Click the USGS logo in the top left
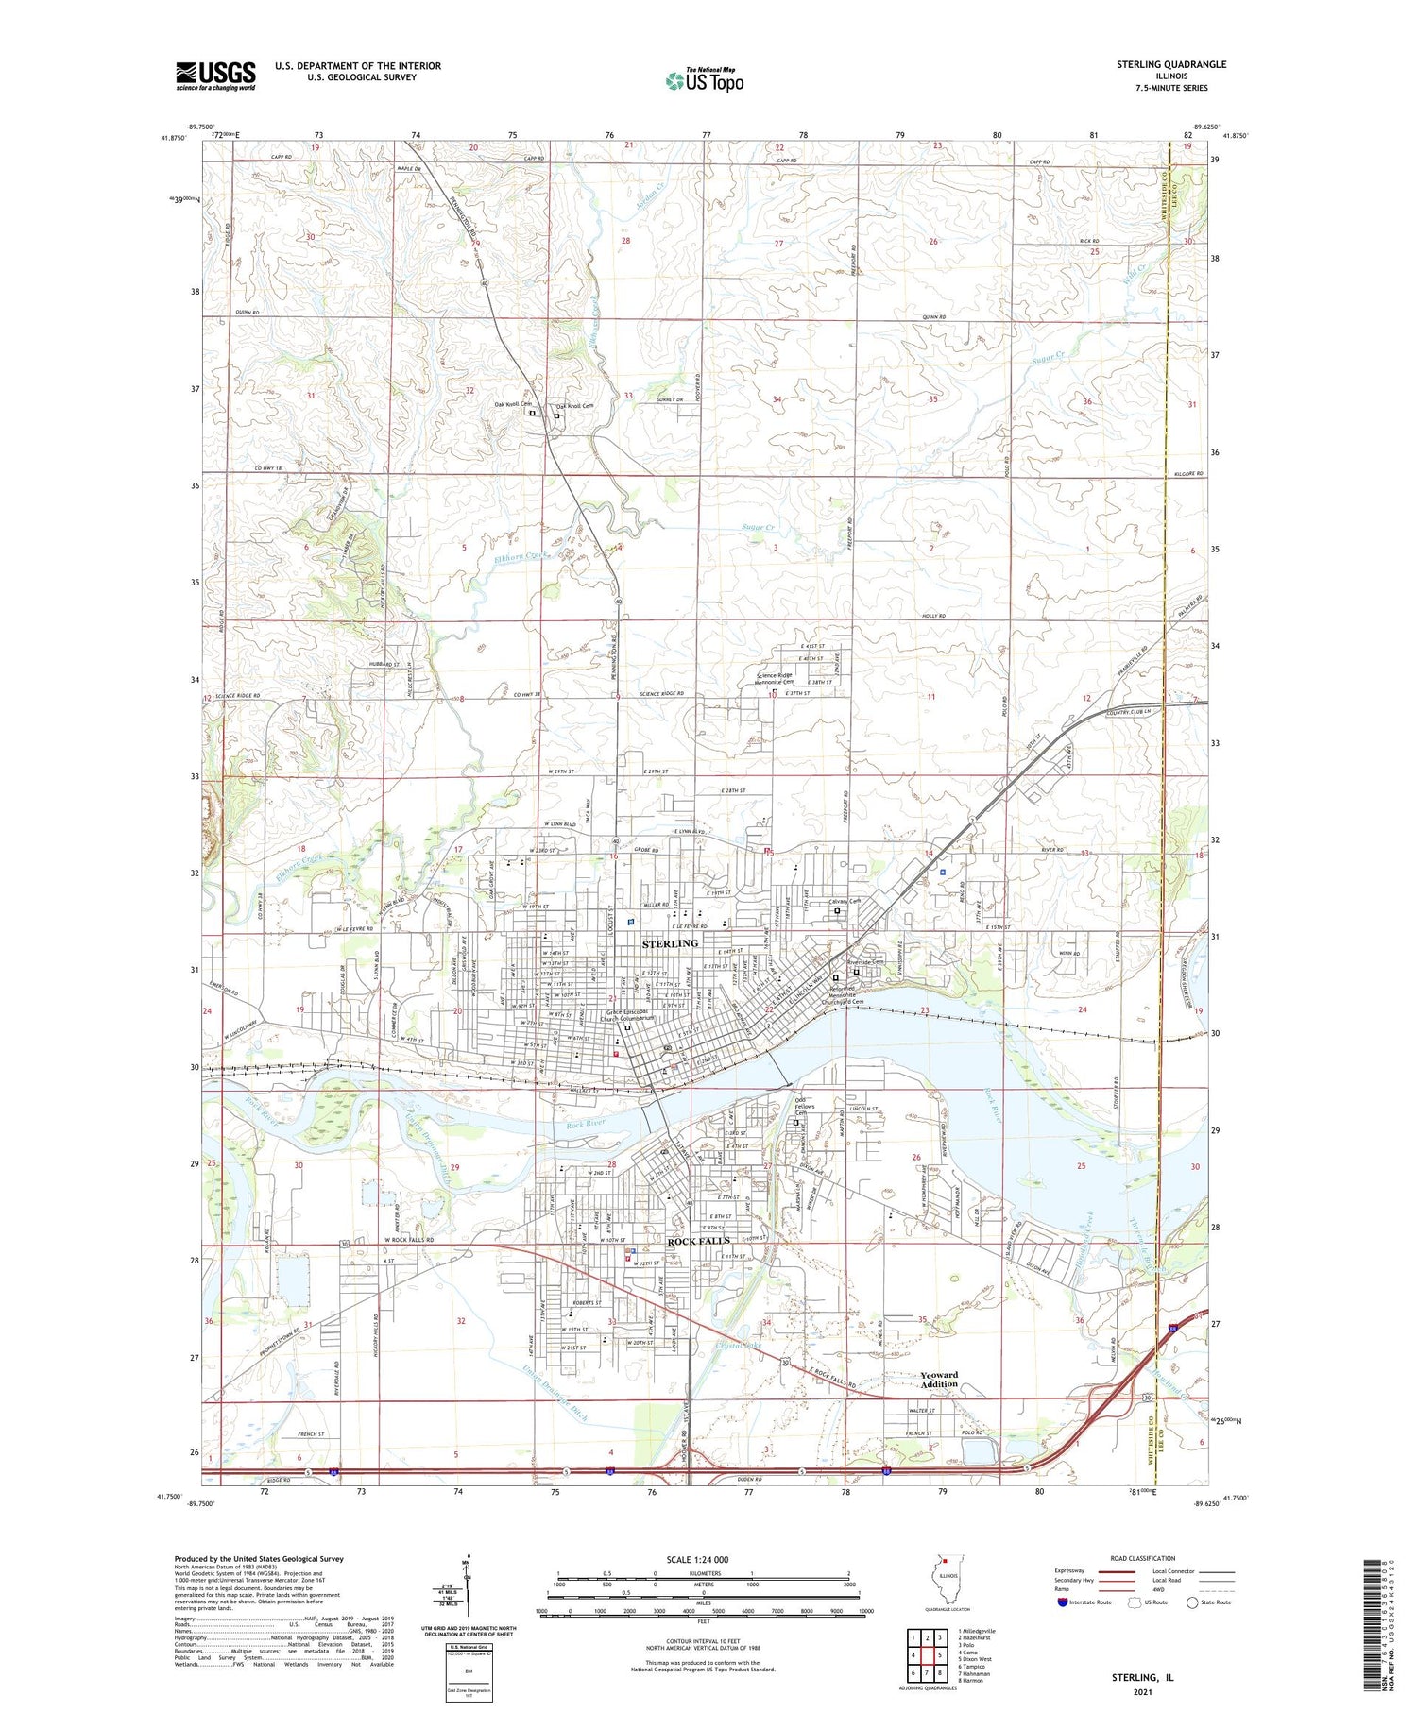click(x=215, y=76)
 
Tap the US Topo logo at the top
click(x=705, y=80)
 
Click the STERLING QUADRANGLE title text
click(x=1170, y=64)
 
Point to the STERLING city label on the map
click(x=670, y=943)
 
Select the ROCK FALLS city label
click(x=698, y=1241)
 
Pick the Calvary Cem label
click(x=845, y=902)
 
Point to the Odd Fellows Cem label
click(x=805, y=1106)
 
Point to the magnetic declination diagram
click(x=467, y=1587)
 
